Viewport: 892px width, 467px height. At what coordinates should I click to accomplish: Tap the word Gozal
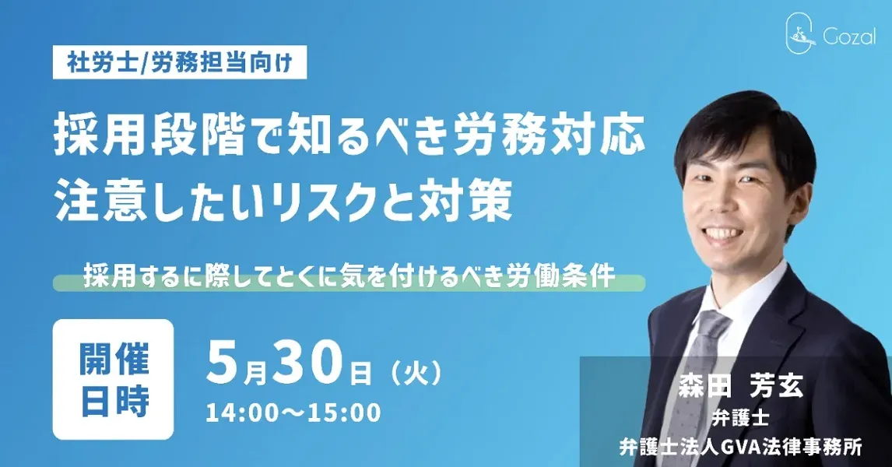(x=848, y=37)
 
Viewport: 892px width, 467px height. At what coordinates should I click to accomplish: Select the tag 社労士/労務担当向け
(x=180, y=62)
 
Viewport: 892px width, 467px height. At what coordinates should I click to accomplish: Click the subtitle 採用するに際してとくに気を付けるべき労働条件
(x=349, y=278)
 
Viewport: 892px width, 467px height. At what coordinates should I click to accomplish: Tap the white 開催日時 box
(x=113, y=379)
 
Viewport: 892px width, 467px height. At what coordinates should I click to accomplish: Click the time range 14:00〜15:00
(x=293, y=413)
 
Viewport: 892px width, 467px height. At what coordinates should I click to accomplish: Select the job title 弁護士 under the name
(x=741, y=418)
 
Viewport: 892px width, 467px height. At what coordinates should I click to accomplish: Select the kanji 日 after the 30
(x=359, y=373)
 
